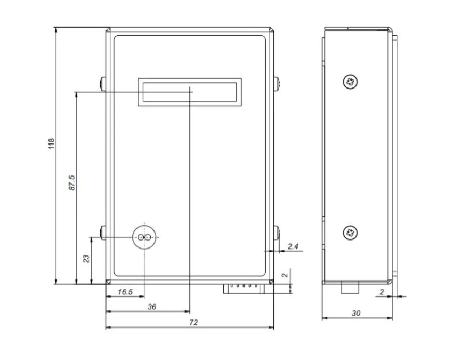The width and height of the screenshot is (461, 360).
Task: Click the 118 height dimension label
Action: [52, 143]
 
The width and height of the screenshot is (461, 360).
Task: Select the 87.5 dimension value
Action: [72, 182]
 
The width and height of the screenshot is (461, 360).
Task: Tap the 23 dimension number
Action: [86, 259]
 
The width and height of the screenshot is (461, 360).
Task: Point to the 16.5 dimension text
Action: [125, 292]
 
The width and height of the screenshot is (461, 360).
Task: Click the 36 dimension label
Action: [152, 307]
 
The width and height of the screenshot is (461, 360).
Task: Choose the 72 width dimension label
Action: [193, 322]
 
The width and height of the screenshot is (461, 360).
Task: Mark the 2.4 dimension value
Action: [293, 246]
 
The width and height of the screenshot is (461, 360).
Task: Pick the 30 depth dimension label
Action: [356, 313]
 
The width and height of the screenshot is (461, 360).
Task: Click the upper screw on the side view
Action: [350, 82]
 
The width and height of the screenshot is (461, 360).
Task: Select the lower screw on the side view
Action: [350, 233]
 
